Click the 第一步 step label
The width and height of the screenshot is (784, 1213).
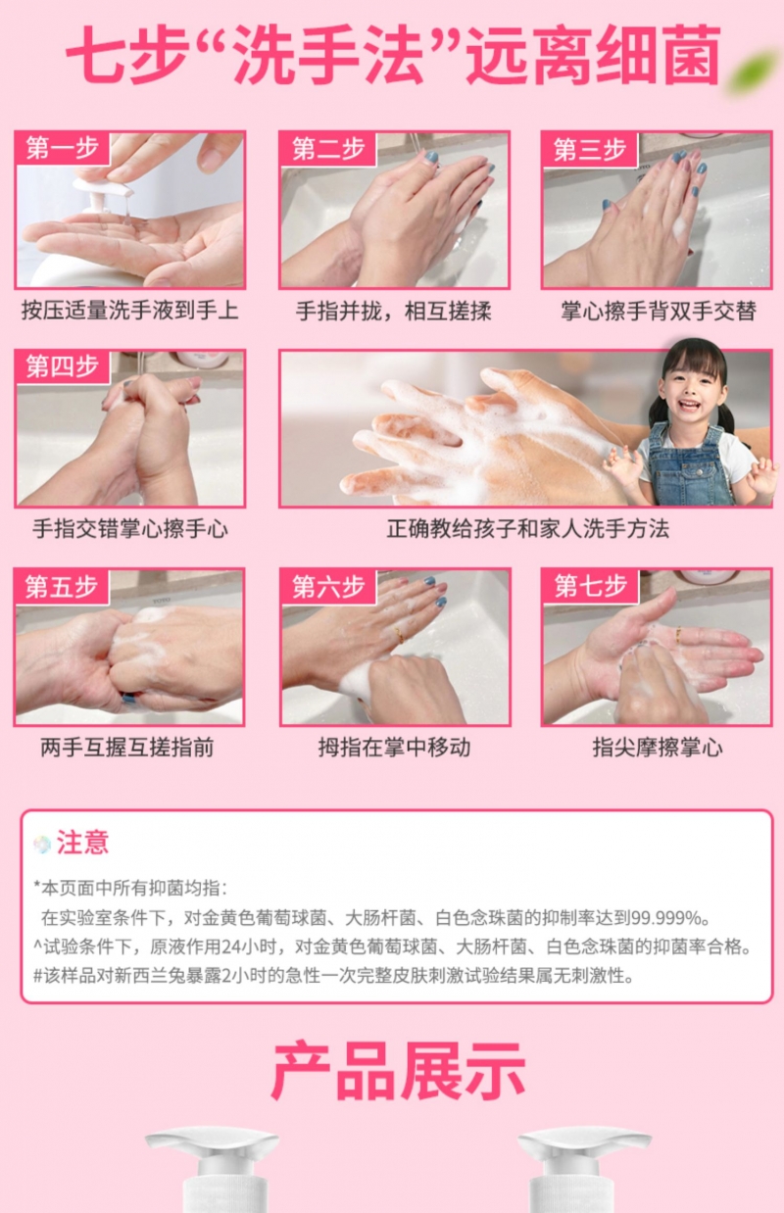click(x=62, y=148)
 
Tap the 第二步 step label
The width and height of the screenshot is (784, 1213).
click(x=328, y=149)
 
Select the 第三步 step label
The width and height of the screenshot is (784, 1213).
click(x=590, y=149)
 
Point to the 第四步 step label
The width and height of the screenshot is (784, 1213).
click(x=62, y=366)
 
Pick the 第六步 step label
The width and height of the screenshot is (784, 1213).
click(x=328, y=587)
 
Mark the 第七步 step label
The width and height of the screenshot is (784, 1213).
click(x=591, y=586)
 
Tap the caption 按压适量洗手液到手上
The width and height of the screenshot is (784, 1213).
click(x=130, y=311)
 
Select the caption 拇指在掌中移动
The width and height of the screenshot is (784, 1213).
click(x=394, y=748)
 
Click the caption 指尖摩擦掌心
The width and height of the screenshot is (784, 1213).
click(x=658, y=748)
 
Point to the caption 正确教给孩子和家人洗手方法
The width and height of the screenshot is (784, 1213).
click(x=527, y=528)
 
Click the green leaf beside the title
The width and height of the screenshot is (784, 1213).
click(x=755, y=71)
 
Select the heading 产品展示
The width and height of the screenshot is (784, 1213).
click(x=399, y=1071)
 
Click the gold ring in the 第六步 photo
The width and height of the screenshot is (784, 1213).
click(x=399, y=634)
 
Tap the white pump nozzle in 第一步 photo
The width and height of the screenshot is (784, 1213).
click(x=104, y=187)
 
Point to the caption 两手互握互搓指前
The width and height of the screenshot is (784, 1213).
click(x=127, y=748)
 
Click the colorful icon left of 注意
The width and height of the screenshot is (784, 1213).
click(x=42, y=844)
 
